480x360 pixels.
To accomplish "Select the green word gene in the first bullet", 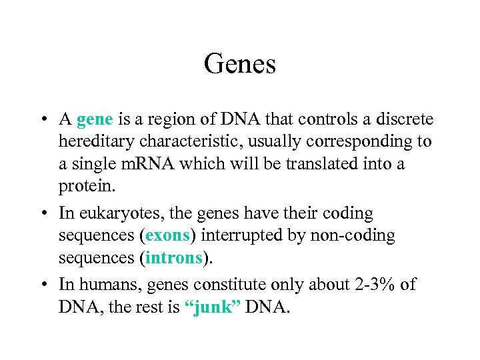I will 95,120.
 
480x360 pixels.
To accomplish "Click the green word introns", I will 173,257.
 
